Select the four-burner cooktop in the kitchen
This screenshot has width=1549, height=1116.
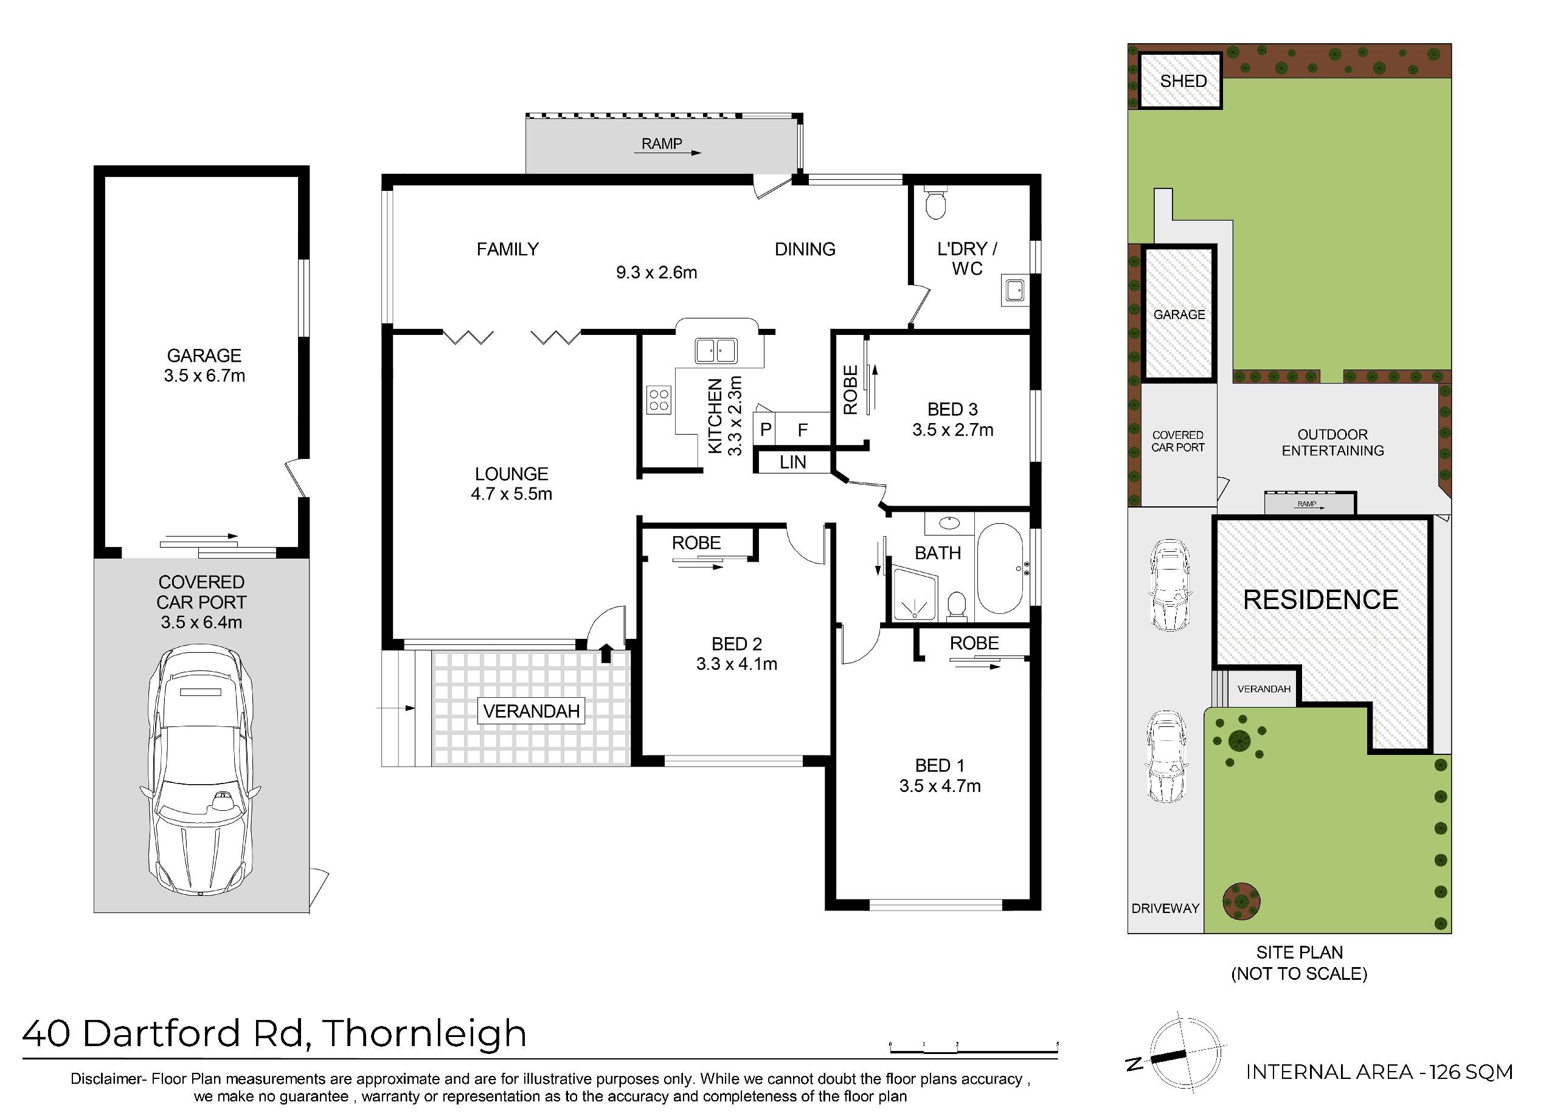pos(659,400)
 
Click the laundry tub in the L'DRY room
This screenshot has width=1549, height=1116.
pos(1015,291)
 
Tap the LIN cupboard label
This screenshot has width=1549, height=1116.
pos(792,463)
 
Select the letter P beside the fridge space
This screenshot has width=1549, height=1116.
pos(766,430)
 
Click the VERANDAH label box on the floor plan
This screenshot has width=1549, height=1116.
pos(532,711)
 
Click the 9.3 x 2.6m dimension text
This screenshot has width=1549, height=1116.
pos(656,273)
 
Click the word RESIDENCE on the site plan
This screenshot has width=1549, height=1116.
pos(1320,600)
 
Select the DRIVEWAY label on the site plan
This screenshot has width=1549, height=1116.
pos(1165,909)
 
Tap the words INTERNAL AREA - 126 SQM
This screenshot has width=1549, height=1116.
pos(1379,1072)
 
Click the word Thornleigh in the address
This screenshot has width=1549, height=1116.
pos(424,1034)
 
